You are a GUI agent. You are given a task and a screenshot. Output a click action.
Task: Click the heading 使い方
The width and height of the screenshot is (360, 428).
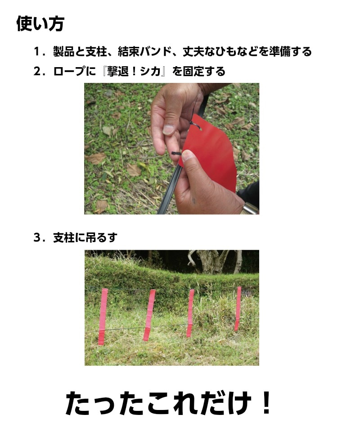[x=40, y=23]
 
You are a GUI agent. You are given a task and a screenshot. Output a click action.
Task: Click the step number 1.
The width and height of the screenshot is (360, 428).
[x=37, y=52]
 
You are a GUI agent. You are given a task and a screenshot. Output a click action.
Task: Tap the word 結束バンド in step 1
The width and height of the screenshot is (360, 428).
[x=141, y=51]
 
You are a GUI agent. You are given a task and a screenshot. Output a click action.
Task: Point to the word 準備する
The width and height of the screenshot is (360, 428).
[x=290, y=51]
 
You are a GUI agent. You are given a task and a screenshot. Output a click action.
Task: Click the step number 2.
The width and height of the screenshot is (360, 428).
[x=37, y=71]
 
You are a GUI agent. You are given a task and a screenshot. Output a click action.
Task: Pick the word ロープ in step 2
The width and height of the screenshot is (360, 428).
[x=69, y=71]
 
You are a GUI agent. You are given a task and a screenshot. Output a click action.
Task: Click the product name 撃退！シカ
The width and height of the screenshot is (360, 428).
[x=133, y=71]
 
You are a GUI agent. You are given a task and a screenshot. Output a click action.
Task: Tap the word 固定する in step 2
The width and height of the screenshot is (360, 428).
[x=204, y=71]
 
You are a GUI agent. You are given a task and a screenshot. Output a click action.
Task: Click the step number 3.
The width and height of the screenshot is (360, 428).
[x=37, y=237]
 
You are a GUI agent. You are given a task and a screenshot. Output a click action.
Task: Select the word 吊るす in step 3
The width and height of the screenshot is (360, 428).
[x=101, y=237]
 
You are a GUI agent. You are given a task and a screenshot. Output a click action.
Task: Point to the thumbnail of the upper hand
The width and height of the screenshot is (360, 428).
[x=168, y=130]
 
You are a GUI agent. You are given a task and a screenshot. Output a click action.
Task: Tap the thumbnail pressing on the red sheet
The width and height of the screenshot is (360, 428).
[x=188, y=156]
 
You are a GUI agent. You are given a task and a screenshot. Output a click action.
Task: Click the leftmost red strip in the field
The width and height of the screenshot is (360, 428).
[x=103, y=316]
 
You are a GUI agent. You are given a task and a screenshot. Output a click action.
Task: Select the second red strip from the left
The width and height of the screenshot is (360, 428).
[x=149, y=315]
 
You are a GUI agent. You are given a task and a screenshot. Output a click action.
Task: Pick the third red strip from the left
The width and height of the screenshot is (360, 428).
[x=190, y=313]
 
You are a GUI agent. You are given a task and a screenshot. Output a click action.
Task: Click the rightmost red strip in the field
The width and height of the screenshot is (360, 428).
[x=238, y=309]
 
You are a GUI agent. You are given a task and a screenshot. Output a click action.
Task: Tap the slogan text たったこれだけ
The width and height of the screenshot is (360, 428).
[x=158, y=403]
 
